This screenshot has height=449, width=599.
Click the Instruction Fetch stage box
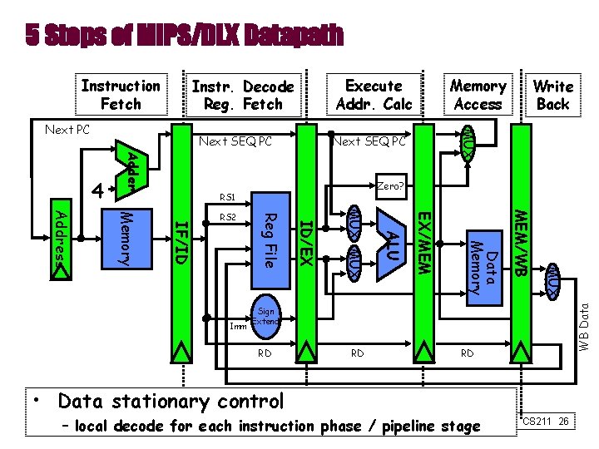(x=121, y=95)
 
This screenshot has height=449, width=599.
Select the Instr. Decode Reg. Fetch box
(x=242, y=95)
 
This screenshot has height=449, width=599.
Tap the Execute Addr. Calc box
(x=374, y=95)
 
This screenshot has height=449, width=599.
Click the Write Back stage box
(x=552, y=95)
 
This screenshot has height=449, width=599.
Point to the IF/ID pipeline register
(x=183, y=241)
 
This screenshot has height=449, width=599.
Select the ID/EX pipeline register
(x=305, y=241)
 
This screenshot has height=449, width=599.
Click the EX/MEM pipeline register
(x=423, y=241)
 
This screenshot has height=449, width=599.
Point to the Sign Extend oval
(x=266, y=317)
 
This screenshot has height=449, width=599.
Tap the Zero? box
(x=389, y=186)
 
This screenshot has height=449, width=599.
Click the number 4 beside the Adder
(x=99, y=190)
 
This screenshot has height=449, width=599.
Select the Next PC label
(x=67, y=131)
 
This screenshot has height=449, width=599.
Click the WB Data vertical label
(x=584, y=324)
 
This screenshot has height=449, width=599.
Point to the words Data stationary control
(x=171, y=402)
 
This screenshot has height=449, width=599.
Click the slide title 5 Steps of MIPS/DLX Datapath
(x=184, y=35)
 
